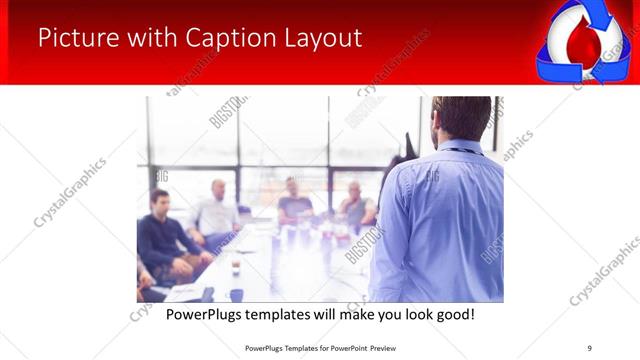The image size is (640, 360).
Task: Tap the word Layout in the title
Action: [x=317, y=39]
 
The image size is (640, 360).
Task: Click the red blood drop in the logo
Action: [x=581, y=45]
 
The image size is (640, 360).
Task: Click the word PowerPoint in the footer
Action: [x=348, y=347]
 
